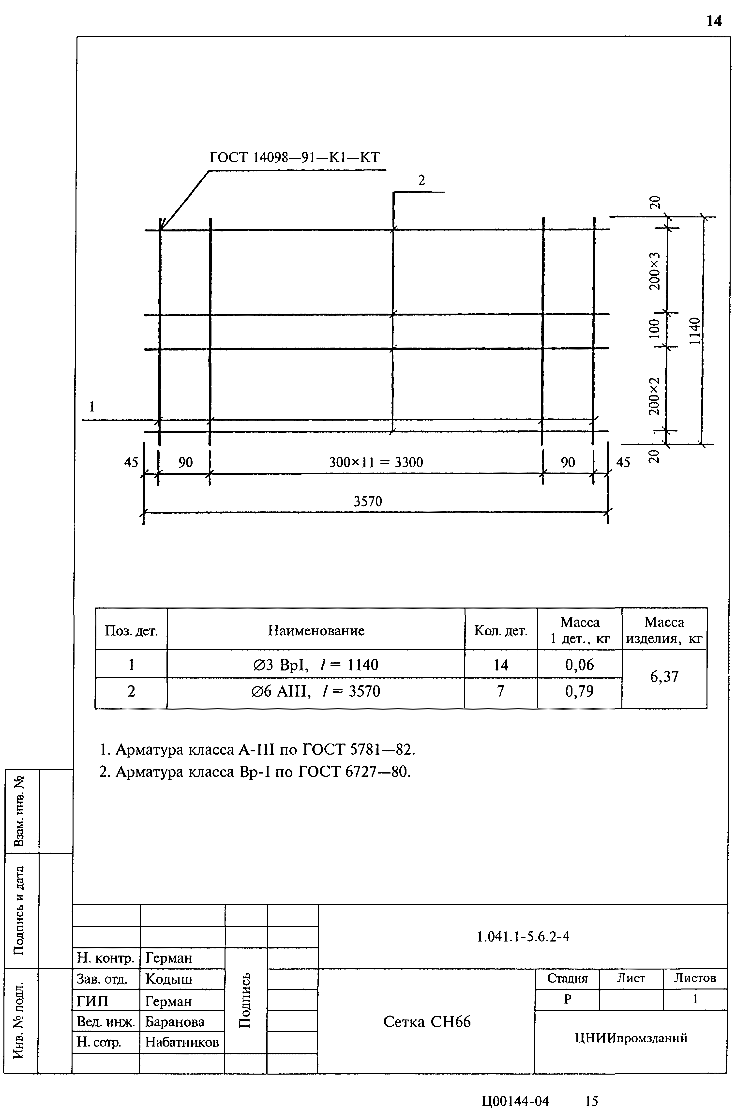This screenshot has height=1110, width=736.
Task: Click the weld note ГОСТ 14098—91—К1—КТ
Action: click(x=294, y=157)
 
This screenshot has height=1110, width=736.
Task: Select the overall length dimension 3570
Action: click(x=368, y=502)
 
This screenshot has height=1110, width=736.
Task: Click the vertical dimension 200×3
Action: click(x=654, y=271)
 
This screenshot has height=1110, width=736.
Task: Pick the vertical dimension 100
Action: click(x=654, y=329)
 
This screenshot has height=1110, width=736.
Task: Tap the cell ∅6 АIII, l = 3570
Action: click(x=316, y=691)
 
